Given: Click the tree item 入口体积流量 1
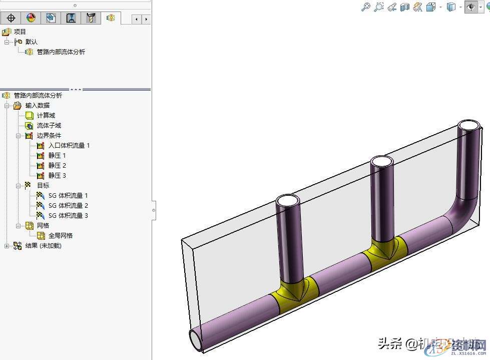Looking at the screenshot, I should coord(69,146).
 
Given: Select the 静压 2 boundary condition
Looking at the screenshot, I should coord(57,166).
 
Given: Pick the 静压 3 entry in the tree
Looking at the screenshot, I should coord(57,176).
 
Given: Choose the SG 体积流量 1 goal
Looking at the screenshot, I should coord(68,196).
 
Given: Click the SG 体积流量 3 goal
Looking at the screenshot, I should coord(68,216).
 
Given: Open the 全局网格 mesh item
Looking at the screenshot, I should coord(60,236).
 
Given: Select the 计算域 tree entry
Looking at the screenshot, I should coord(46,116).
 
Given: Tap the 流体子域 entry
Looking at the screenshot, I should coord(49,126).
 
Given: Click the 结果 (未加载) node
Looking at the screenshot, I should coord(43,246).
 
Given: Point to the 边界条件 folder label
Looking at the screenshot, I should coord(49,136).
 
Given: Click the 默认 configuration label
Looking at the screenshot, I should coord(32,42).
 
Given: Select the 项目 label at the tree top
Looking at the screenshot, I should coord(20,32).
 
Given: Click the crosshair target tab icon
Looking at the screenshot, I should coord(11,19).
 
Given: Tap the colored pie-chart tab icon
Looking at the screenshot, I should coord(31,19).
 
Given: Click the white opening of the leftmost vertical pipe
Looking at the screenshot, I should coord(288,201).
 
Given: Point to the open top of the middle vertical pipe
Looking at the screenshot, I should coord(381,162).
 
